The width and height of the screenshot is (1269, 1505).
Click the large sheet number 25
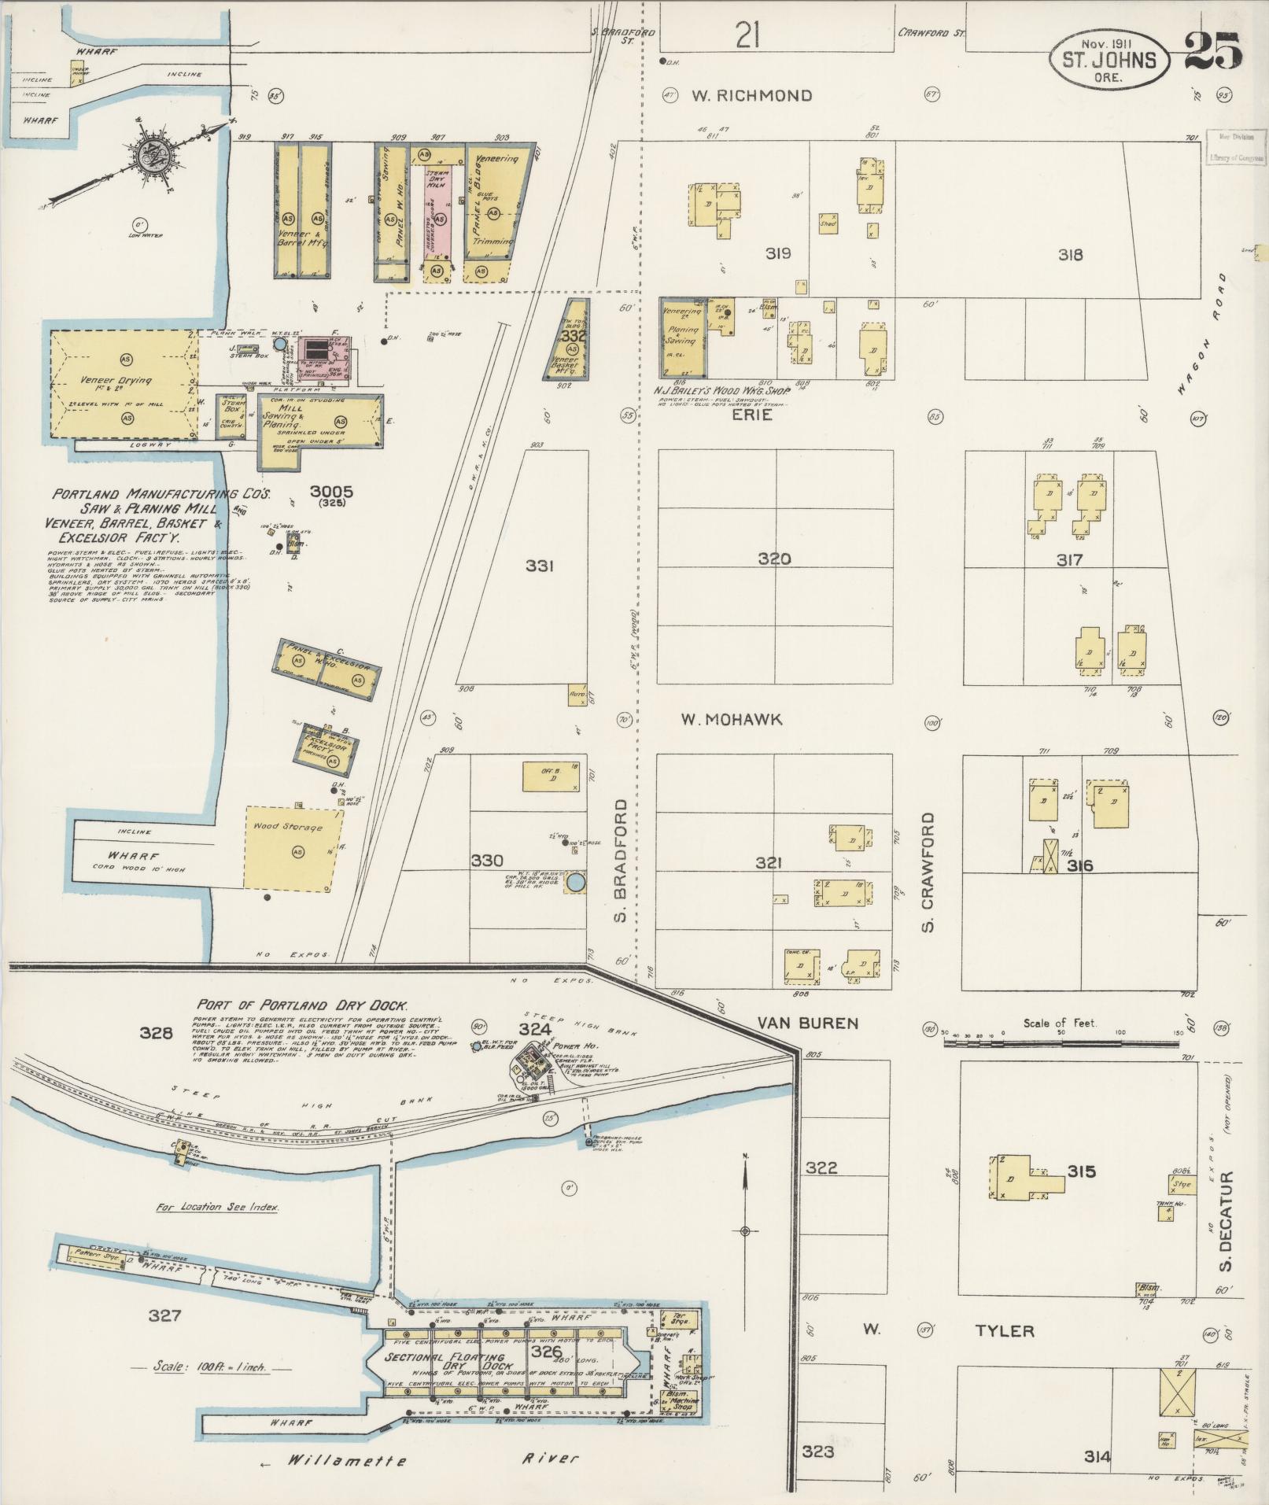click(1212, 51)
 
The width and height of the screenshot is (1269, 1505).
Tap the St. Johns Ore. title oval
click(1109, 60)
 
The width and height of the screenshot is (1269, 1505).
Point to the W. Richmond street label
click(751, 96)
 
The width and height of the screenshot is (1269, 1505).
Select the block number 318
click(1070, 254)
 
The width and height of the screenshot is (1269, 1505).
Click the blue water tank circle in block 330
click(576, 883)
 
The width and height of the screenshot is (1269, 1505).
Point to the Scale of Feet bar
click(1061, 1042)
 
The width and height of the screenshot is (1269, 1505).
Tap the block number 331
click(540, 566)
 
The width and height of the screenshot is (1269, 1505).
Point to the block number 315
click(1082, 1171)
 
